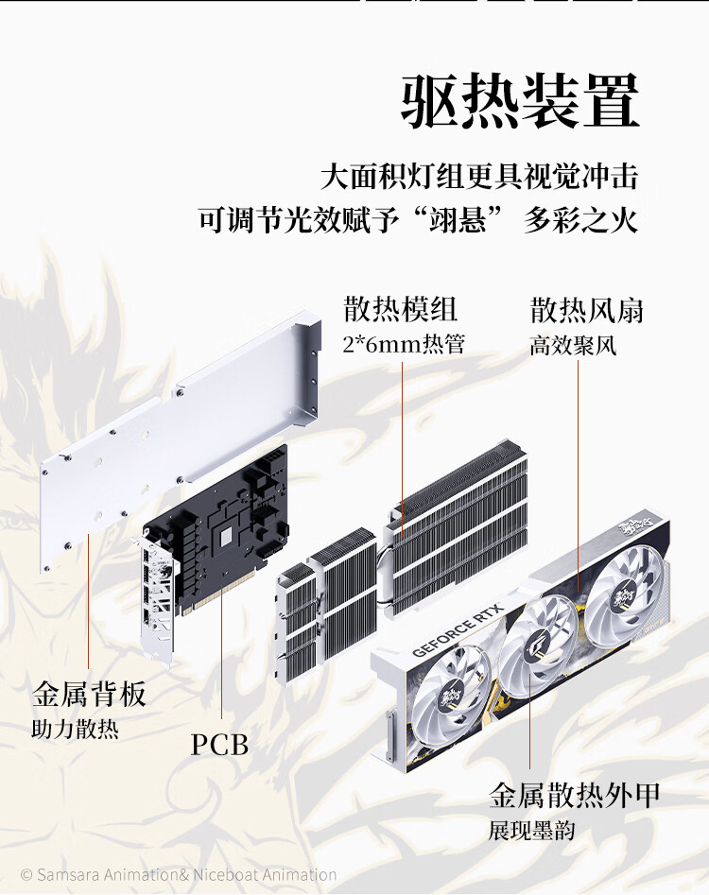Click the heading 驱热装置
coord(520,100)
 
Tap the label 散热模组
coord(401,309)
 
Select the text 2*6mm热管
coord(404,345)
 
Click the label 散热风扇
coord(587,309)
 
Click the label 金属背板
coord(90,696)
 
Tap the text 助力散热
coord(76,731)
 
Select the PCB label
coord(220,745)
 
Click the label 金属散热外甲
coord(575,795)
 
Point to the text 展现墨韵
coord(532,832)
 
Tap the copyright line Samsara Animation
coord(179,875)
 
